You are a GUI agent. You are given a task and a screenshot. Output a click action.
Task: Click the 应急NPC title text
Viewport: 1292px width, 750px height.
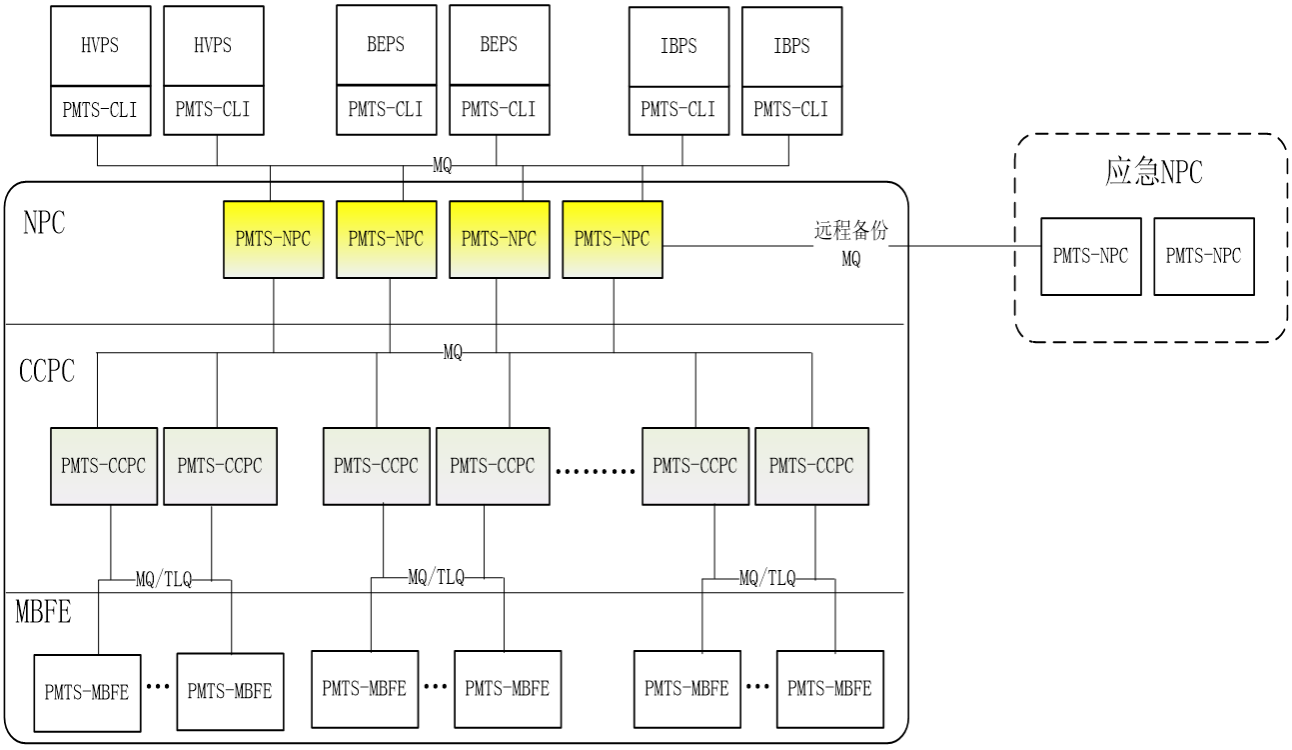[x=1153, y=172]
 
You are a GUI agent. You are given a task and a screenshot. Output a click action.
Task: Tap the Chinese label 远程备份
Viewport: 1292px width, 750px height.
[x=850, y=231]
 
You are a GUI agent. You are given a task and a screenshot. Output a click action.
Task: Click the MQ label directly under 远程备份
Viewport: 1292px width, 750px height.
[x=850, y=259]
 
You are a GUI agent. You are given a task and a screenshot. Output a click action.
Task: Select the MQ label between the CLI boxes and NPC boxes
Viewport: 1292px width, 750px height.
[x=442, y=166]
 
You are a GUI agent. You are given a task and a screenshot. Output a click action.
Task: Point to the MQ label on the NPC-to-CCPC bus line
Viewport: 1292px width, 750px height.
[x=453, y=352]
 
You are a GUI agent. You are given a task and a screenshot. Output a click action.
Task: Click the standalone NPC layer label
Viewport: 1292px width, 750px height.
[x=44, y=222]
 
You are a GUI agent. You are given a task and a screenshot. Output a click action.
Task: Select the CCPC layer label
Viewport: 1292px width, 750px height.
[x=47, y=371]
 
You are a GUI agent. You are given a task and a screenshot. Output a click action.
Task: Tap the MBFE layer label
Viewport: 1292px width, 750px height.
[x=43, y=611]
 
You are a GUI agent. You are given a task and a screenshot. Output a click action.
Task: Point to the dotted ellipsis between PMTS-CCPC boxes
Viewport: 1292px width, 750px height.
[x=596, y=471]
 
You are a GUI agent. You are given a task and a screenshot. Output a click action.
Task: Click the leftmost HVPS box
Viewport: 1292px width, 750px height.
[x=100, y=46]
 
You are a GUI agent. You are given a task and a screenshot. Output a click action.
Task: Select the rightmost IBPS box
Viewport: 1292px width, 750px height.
[x=791, y=46]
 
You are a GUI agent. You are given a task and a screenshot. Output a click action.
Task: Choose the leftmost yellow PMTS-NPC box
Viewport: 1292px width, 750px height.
[x=273, y=239]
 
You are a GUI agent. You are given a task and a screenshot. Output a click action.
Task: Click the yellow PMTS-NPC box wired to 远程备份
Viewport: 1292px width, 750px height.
[x=612, y=239]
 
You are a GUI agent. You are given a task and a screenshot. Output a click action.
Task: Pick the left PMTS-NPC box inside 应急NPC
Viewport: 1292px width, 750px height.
[x=1090, y=256]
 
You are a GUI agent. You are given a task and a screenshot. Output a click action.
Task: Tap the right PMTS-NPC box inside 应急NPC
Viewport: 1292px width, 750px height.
[x=1203, y=256]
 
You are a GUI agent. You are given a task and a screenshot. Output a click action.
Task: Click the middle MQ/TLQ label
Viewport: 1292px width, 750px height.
[x=436, y=577]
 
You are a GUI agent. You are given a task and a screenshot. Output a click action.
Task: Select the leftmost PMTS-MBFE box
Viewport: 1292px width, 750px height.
[x=87, y=692]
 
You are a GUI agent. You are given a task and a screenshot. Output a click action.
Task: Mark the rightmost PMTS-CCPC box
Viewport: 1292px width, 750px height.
[x=811, y=466]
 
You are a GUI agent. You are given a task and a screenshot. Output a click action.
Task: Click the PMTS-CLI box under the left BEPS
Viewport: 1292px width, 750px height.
[x=386, y=109]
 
